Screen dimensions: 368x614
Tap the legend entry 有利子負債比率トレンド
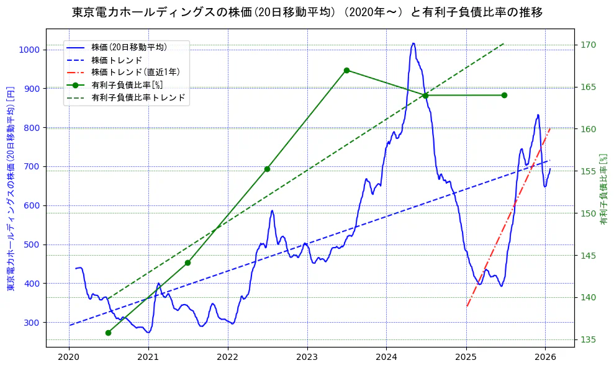pos(138,98)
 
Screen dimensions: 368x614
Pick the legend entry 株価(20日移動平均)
pos(129,47)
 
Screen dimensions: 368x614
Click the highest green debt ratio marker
pos(346,70)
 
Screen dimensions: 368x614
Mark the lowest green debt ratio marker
pos(108,333)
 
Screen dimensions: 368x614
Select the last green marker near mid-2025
pos(504,95)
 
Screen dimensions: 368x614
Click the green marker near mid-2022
pos(267,169)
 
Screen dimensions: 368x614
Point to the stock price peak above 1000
pos(413,43)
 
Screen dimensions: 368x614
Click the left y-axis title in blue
pos(10,189)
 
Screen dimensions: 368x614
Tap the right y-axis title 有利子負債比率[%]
pos(602,189)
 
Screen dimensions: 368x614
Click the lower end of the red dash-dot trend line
pos(467,306)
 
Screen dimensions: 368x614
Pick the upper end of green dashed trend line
pos(503,43)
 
